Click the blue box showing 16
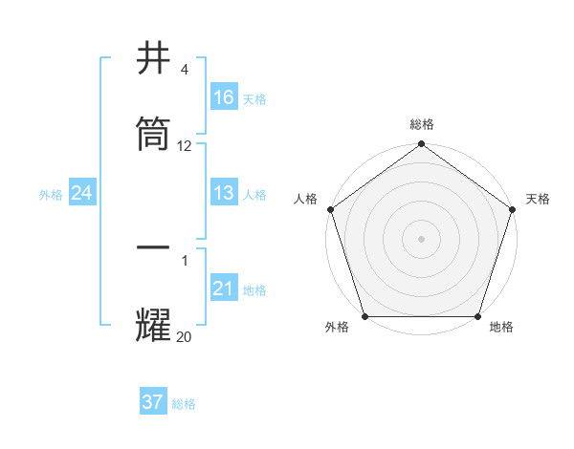click(224, 97)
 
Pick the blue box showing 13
click(224, 193)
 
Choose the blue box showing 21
click(224, 289)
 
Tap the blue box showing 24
click(81, 193)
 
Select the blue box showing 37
click(153, 402)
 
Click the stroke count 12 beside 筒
click(185, 146)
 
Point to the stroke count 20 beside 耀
click(185, 335)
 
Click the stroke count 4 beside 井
click(185, 70)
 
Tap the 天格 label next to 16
click(254, 98)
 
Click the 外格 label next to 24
click(51, 194)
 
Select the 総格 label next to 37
click(184, 404)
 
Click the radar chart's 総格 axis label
click(421, 124)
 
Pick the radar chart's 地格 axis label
click(501, 327)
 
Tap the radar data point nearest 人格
click(330, 209)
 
